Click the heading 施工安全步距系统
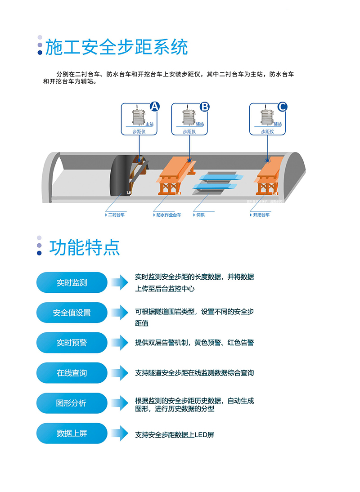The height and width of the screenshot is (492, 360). coord(117,47)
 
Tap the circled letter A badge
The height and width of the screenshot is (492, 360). coord(154,107)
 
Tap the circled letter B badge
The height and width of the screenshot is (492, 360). coord(204,107)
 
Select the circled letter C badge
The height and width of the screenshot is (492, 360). coord(282,107)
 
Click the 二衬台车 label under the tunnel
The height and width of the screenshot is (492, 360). coord(116,215)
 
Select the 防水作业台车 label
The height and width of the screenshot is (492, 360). coord(168,215)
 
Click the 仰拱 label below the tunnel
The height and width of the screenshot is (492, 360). coord(201,215)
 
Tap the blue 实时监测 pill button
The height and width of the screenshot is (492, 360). coord(72,283)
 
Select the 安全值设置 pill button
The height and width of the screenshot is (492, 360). coord(72,313)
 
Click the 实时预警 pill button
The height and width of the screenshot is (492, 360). coord(72,343)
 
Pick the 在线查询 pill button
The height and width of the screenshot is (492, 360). coord(72,373)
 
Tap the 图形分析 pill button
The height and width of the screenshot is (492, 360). coord(72,403)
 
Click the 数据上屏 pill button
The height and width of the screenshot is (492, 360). coord(72,434)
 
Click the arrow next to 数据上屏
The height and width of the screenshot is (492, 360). coord(120,434)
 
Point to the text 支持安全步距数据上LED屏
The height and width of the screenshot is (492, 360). coord(175,435)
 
